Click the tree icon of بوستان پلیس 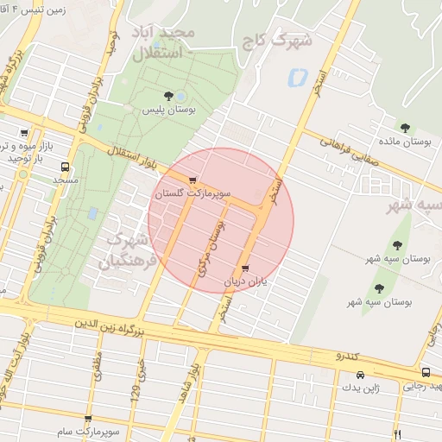click(167, 96)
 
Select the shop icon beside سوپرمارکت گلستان click(204, 180)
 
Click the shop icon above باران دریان click(248, 268)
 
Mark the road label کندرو click(345, 355)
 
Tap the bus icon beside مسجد click(66, 167)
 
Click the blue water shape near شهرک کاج click(297, 76)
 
